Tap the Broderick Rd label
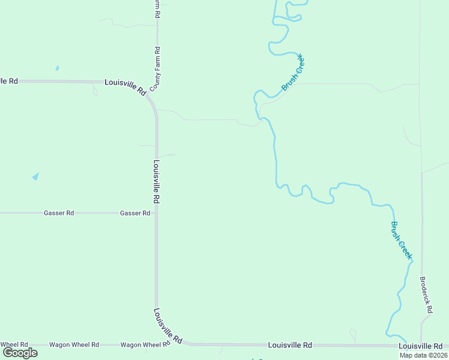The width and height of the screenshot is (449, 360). (426, 295)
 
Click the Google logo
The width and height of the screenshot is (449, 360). (20, 353)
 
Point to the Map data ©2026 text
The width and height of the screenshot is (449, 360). (423, 355)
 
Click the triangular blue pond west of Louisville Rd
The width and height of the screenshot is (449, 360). (36, 176)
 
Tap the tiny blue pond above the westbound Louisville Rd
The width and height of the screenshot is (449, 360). (57, 68)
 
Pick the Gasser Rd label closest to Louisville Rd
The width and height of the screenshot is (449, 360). (135, 213)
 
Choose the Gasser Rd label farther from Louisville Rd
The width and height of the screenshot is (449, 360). (59, 213)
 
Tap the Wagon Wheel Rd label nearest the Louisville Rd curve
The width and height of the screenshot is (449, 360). (145, 345)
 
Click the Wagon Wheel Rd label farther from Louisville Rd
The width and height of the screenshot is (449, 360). (74, 345)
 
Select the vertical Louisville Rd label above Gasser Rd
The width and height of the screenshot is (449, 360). (156, 181)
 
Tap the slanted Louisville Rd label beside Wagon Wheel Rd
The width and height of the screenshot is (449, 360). (167, 326)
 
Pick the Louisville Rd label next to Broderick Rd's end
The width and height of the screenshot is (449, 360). (420, 346)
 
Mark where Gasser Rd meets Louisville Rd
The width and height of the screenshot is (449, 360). (157, 213)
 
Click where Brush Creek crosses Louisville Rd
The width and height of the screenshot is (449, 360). (403, 345)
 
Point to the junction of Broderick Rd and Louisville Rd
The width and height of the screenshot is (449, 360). (422, 345)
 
